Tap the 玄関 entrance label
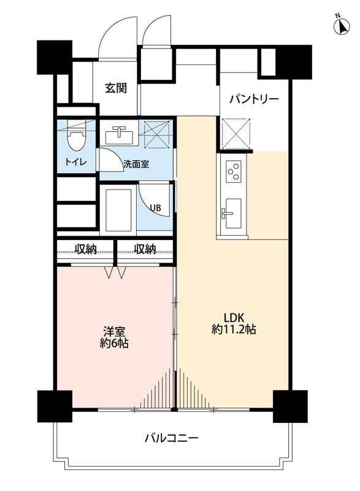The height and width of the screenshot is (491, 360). [x=116, y=88]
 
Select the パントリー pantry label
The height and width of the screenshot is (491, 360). [x=254, y=99]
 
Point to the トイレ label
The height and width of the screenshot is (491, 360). [x=75, y=162]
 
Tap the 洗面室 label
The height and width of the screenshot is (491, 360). [x=136, y=164]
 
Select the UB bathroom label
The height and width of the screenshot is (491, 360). [x=155, y=207]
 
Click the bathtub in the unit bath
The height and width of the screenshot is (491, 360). [x=119, y=209]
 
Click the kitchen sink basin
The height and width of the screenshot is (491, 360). [x=233, y=213]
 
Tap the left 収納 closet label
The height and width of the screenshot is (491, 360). [x=85, y=249]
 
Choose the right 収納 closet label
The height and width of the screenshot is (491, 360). [x=145, y=249]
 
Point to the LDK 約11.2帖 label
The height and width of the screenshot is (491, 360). [x=234, y=323]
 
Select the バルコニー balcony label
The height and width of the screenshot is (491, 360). [x=171, y=438]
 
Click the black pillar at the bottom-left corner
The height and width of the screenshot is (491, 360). [x=55, y=406]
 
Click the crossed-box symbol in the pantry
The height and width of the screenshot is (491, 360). [x=236, y=134]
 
